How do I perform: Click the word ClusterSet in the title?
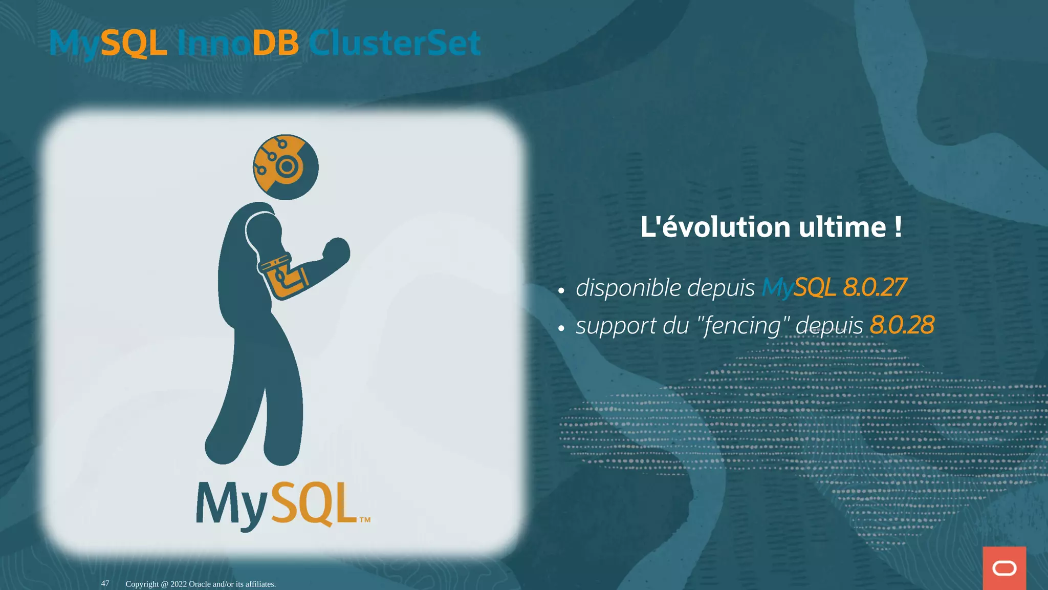[394, 43]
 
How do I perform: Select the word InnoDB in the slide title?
[237, 43]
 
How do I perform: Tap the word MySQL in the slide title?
[108, 44]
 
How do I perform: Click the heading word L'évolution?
[715, 227]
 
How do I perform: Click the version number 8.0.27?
[875, 287]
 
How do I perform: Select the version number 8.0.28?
[902, 325]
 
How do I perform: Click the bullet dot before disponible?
[561, 291]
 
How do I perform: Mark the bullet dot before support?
[561, 329]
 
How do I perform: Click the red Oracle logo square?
[1004, 568]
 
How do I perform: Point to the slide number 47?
[105, 583]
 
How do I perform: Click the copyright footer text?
[201, 584]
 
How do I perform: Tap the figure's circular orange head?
[286, 167]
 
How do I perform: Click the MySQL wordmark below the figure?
[276, 504]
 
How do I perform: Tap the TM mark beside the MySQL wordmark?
[365, 520]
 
